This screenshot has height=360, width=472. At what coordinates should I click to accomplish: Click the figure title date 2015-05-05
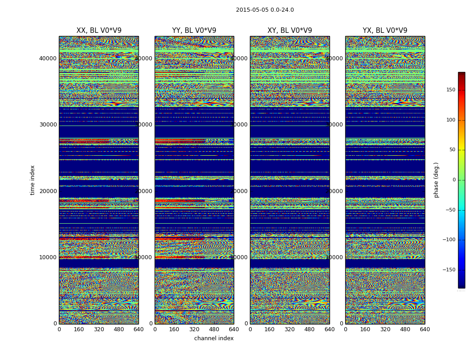pyautogui.click(x=251, y=10)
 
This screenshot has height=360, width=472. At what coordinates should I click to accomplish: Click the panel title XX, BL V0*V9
pyautogui.click(x=99, y=31)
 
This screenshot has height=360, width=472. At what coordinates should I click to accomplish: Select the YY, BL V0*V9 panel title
pyautogui.click(x=194, y=31)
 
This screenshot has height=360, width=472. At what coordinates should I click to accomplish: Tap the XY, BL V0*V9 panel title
pyautogui.click(x=289, y=31)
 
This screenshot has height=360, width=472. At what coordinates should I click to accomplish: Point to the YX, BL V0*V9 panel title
pyautogui.click(x=385, y=31)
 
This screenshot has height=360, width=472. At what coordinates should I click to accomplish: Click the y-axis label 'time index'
pyautogui.click(x=32, y=180)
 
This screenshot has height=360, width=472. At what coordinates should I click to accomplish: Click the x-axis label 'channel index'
pyautogui.click(x=214, y=338)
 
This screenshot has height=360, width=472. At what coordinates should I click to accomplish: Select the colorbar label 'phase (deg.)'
pyautogui.click(x=436, y=180)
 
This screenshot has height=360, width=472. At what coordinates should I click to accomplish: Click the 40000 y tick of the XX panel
pyautogui.click(x=48, y=58)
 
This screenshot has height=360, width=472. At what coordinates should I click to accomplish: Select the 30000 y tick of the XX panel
pyautogui.click(x=48, y=125)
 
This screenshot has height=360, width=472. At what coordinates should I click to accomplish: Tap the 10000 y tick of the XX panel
pyautogui.click(x=48, y=257)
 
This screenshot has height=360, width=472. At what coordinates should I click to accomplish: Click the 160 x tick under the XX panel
pyautogui.click(x=79, y=329)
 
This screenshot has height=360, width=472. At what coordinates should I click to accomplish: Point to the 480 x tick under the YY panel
pyautogui.click(x=214, y=329)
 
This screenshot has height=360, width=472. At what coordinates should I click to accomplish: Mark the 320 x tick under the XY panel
pyautogui.click(x=289, y=329)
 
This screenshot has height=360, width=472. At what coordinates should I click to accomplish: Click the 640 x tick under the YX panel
pyautogui.click(x=425, y=329)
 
